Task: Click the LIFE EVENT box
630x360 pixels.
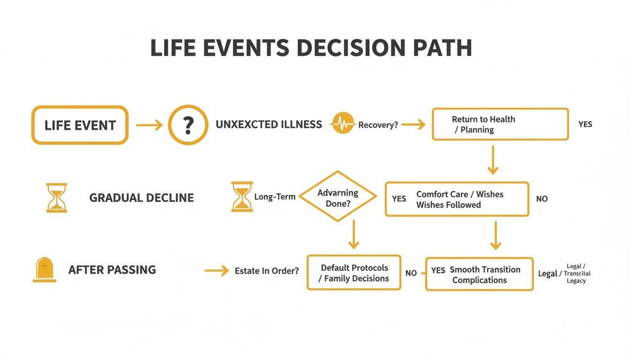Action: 80,125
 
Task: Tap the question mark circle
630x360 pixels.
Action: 188,125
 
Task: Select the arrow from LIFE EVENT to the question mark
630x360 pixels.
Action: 149,125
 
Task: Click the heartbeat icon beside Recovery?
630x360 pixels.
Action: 343,124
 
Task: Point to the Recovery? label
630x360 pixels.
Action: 378,125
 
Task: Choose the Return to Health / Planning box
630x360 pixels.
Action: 500,124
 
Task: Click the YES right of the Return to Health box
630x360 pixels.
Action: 585,124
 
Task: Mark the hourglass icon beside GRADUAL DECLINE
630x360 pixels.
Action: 56,198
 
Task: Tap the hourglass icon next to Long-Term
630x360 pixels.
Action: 242,197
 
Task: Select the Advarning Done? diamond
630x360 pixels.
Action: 337,196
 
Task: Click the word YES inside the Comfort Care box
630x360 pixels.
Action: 399,199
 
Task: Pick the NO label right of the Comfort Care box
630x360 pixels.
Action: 541,199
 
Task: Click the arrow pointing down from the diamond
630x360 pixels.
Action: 353,235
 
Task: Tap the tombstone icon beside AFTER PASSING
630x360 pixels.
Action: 45,270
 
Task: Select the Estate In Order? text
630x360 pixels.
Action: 266,271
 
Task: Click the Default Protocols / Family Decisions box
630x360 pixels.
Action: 354,273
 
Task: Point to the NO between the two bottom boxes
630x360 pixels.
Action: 411,273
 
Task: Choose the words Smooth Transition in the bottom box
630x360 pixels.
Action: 485,270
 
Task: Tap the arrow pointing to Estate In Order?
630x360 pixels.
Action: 217,271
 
